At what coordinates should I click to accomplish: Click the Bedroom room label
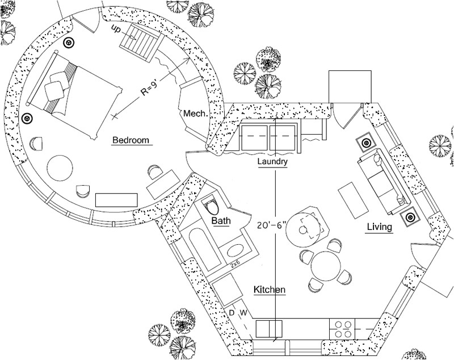click(130, 140)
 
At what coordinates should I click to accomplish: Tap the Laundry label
click(272, 162)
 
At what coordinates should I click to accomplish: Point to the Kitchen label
click(269, 290)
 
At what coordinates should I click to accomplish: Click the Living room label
click(379, 227)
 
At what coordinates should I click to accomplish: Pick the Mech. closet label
click(195, 114)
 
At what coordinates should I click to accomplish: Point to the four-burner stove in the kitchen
click(343, 329)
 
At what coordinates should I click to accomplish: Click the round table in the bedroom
click(60, 169)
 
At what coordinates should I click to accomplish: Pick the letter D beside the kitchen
click(231, 313)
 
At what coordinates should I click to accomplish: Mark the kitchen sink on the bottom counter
click(268, 329)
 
